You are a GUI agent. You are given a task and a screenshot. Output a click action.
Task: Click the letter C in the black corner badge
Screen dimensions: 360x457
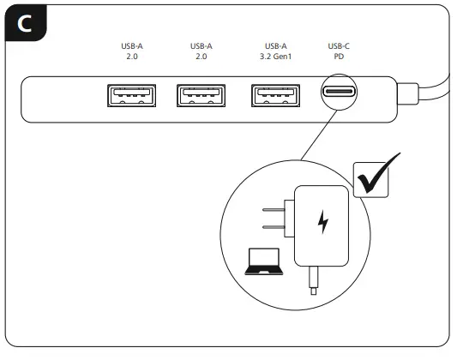pyautogui.click(x=24, y=25)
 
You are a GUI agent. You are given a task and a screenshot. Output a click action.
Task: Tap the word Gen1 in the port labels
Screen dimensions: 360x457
pyautogui.click(x=284, y=57)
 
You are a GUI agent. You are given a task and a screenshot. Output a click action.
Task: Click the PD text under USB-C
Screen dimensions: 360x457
pyautogui.click(x=339, y=57)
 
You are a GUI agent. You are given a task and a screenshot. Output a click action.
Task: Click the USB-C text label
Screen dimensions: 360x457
pyautogui.click(x=339, y=46)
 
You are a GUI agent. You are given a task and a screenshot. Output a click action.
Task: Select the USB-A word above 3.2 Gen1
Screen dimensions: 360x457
pyautogui.click(x=275, y=46)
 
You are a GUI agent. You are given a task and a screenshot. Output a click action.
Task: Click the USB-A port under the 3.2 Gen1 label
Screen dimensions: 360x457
pyautogui.click(x=275, y=95)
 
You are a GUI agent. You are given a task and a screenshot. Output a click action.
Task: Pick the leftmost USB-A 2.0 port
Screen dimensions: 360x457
pyautogui.click(x=131, y=95)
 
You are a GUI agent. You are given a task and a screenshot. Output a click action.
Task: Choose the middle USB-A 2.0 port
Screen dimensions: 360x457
pyautogui.click(x=201, y=95)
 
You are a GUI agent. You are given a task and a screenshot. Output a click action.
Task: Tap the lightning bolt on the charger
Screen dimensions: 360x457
pyautogui.click(x=323, y=222)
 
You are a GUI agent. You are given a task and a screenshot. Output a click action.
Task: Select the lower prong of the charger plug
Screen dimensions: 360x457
pyautogui.click(x=273, y=228)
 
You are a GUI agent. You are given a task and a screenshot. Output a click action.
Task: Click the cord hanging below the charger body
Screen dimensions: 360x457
pyautogui.click(x=315, y=276)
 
